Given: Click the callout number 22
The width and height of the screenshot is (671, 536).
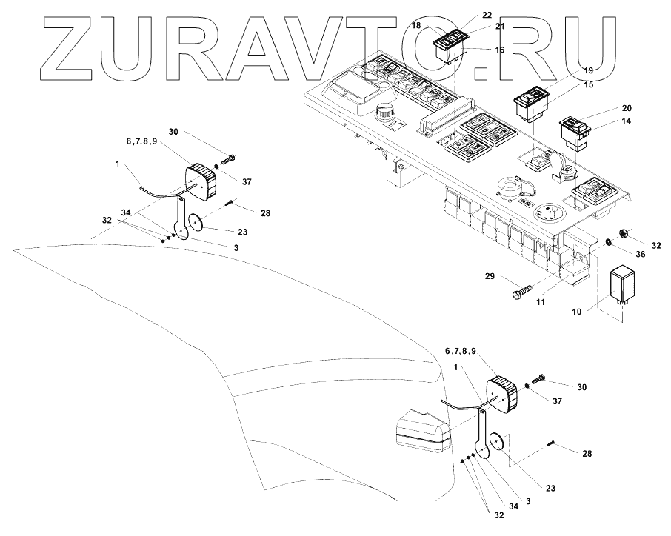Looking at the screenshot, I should (466, 15).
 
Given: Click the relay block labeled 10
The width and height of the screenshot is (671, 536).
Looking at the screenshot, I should (624, 285).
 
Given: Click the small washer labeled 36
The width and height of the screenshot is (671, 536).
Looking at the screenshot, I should (607, 242).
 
